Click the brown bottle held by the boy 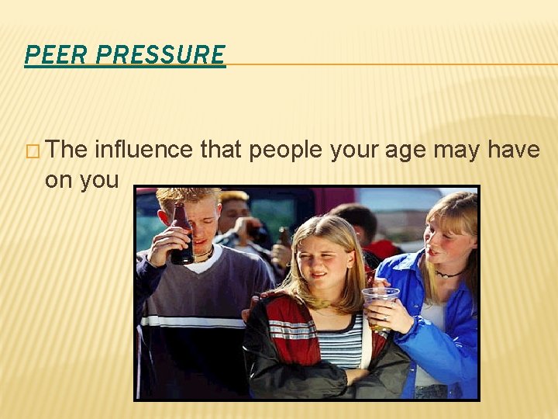point(181,233)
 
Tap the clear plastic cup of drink point(381,306)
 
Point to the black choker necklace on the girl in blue point(449,274)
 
